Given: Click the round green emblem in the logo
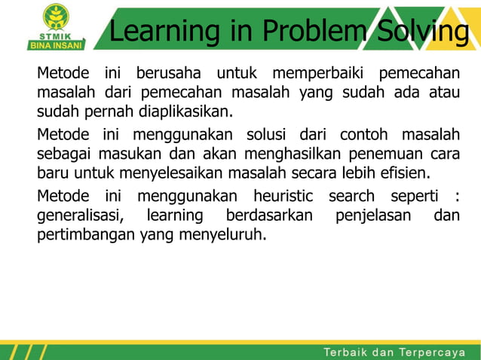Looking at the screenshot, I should pyautogui.click(x=57, y=16).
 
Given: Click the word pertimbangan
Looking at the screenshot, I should pyautogui.click(x=86, y=234).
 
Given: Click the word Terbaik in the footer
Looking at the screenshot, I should pyautogui.click(x=349, y=352).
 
